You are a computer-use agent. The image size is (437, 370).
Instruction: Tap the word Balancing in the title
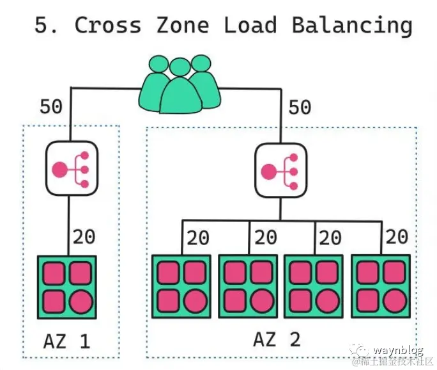tap(351, 25)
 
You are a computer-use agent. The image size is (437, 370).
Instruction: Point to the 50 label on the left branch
tap(51, 106)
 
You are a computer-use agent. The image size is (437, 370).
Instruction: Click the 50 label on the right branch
tap(299, 106)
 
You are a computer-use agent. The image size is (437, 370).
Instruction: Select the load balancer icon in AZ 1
tap(70, 170)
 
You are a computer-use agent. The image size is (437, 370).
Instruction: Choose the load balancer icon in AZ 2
tap(281, 170)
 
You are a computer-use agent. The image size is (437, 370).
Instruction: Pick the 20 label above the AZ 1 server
tap(83, 236)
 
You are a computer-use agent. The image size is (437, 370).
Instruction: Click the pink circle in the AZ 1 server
tap(80, 300)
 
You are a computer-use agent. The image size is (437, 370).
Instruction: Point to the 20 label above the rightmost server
tap(397, 236)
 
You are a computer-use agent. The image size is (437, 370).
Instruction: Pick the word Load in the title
tap(250, 25)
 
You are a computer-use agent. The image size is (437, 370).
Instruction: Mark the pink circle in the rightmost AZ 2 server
tap(394, 300)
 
